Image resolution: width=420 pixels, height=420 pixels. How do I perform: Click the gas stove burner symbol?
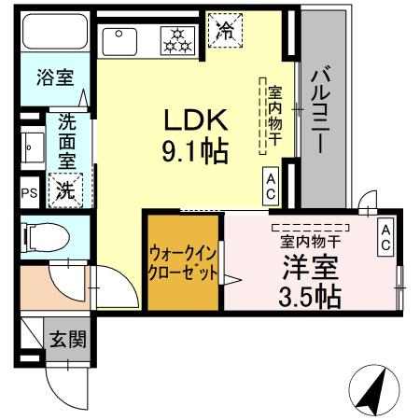click(175, 38)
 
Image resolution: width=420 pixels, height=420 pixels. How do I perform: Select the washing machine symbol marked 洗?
click(66, 189)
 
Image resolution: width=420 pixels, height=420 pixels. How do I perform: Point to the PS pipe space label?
click(28, 193)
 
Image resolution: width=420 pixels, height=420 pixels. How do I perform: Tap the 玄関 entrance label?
click(67, 339)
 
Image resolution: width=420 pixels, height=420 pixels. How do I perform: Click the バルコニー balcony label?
click(320, 109)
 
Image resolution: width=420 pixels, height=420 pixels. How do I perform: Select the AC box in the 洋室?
click(385, 237)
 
